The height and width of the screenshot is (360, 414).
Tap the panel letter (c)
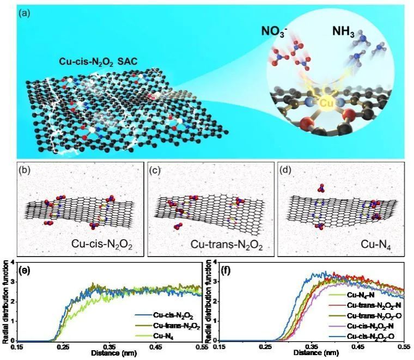pyautogui.click(x=155, y=168)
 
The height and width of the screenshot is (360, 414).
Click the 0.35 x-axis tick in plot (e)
pyautogui.click(x=111, y=346)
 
